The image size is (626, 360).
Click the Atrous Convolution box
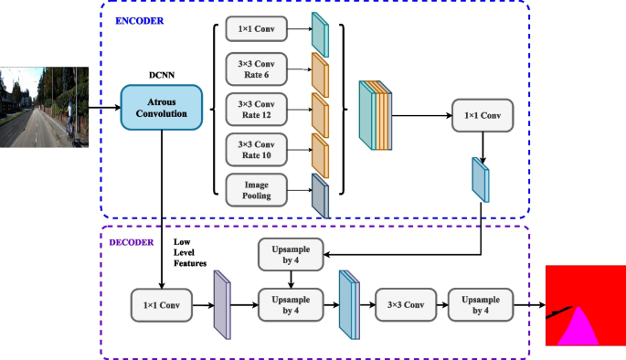tap(162, 106)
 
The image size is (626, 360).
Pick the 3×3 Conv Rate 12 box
tap(256, 108)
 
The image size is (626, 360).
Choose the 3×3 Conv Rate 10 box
tap(256, 148)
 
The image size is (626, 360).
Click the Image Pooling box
tap(256, 188)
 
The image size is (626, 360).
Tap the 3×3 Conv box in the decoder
tap(403, 302)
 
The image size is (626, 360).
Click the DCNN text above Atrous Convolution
tap(161, 77)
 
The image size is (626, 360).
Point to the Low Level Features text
tap(187, 252)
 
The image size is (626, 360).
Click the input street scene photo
tap(45, 106)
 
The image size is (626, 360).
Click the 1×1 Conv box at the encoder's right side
tap(482, 116)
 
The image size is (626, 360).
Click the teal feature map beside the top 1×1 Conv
tap(319, 34)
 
